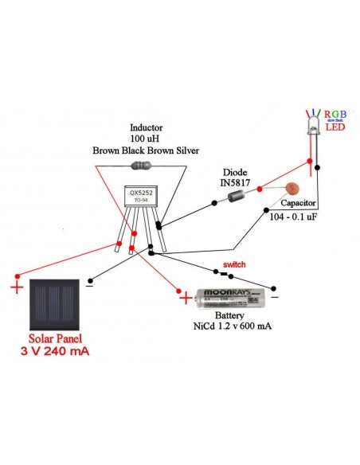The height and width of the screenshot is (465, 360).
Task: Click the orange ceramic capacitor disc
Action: (x=290, y=190)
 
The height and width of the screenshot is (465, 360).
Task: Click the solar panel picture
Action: (x=55, y=303)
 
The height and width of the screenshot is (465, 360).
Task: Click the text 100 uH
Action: (x=146, y=139)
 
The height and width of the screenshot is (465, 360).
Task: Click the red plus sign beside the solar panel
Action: (x=17, y=287)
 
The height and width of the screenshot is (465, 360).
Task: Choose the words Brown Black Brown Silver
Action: (x=146, y=150)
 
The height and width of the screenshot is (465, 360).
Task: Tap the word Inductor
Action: (x=147, y=127)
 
